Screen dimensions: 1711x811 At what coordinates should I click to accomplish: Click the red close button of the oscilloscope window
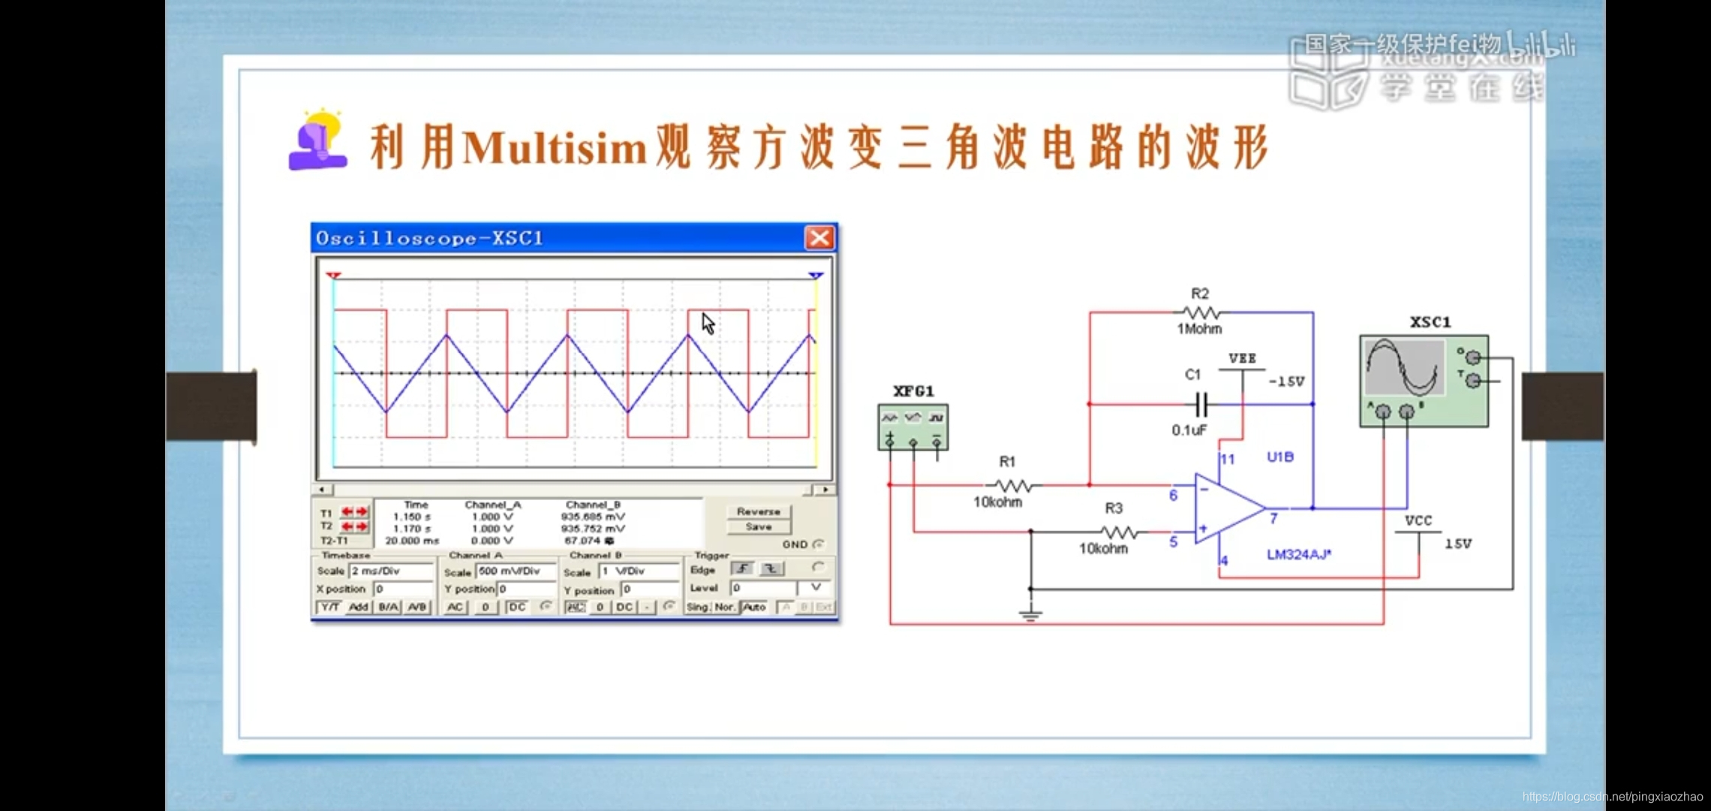819,238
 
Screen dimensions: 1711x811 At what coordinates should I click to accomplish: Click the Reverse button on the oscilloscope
758,511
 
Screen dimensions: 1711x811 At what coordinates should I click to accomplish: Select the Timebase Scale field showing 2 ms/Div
391,571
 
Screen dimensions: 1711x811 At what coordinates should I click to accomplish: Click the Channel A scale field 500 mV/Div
516,571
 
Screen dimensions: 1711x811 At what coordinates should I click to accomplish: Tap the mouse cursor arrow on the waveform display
708,324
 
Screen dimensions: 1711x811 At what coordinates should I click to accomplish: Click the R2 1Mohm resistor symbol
1200,312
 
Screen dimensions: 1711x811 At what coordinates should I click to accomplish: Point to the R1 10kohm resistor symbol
1012,485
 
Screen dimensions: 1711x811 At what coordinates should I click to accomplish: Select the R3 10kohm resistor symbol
1119,532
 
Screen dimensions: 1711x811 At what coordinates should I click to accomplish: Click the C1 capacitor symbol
1201,405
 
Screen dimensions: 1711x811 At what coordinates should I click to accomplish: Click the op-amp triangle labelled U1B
1227,508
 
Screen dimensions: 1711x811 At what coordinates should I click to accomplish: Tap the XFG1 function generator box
913,427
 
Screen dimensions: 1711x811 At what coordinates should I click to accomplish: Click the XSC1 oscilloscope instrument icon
1423,381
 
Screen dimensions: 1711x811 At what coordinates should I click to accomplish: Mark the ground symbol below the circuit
1030,616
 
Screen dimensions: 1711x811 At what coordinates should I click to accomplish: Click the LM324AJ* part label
1298,554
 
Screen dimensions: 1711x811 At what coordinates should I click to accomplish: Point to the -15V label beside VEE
1286,381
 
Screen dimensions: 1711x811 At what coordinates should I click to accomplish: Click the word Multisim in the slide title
555,147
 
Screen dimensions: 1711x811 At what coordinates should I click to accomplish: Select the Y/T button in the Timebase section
329,607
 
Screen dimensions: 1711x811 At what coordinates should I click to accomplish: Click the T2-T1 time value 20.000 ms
412,541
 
